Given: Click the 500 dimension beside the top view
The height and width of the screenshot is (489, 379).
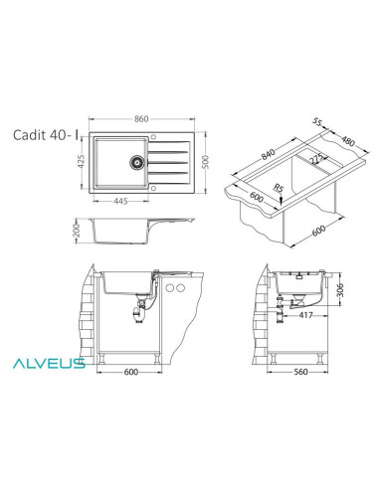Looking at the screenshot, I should (207, 162).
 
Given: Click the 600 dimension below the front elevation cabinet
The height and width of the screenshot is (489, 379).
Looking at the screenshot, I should (130, 376).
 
